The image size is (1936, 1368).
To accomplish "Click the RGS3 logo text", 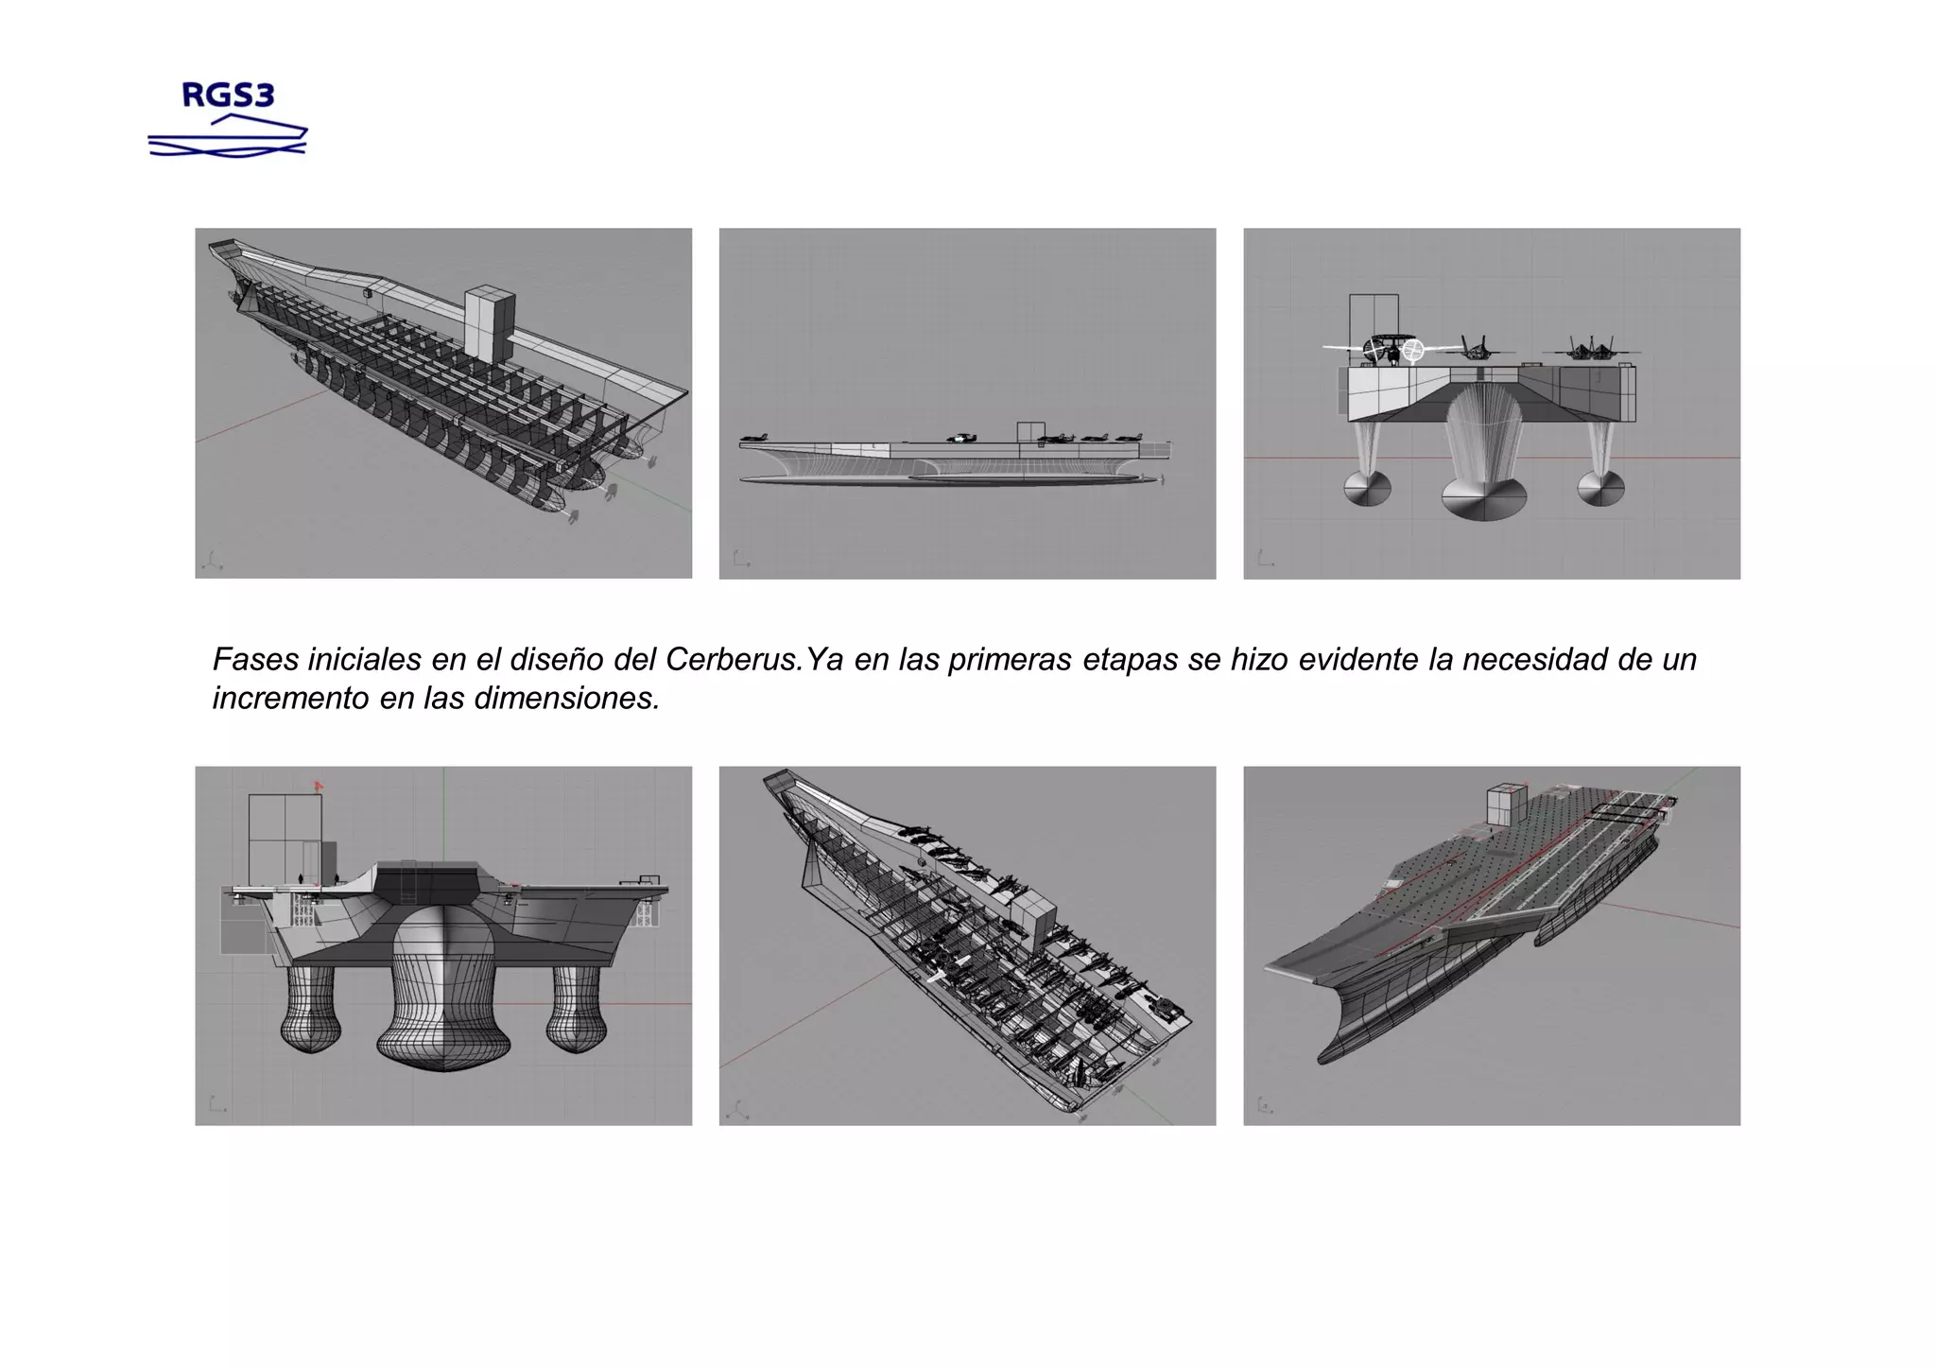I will click(227, 95).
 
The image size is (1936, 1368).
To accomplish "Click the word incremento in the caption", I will click(290, 698).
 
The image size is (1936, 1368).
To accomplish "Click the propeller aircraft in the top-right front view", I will click(1390, 351).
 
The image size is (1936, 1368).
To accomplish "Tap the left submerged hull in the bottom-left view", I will click(309, 1012).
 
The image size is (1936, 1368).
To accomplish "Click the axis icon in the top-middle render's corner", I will click(741, 560).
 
